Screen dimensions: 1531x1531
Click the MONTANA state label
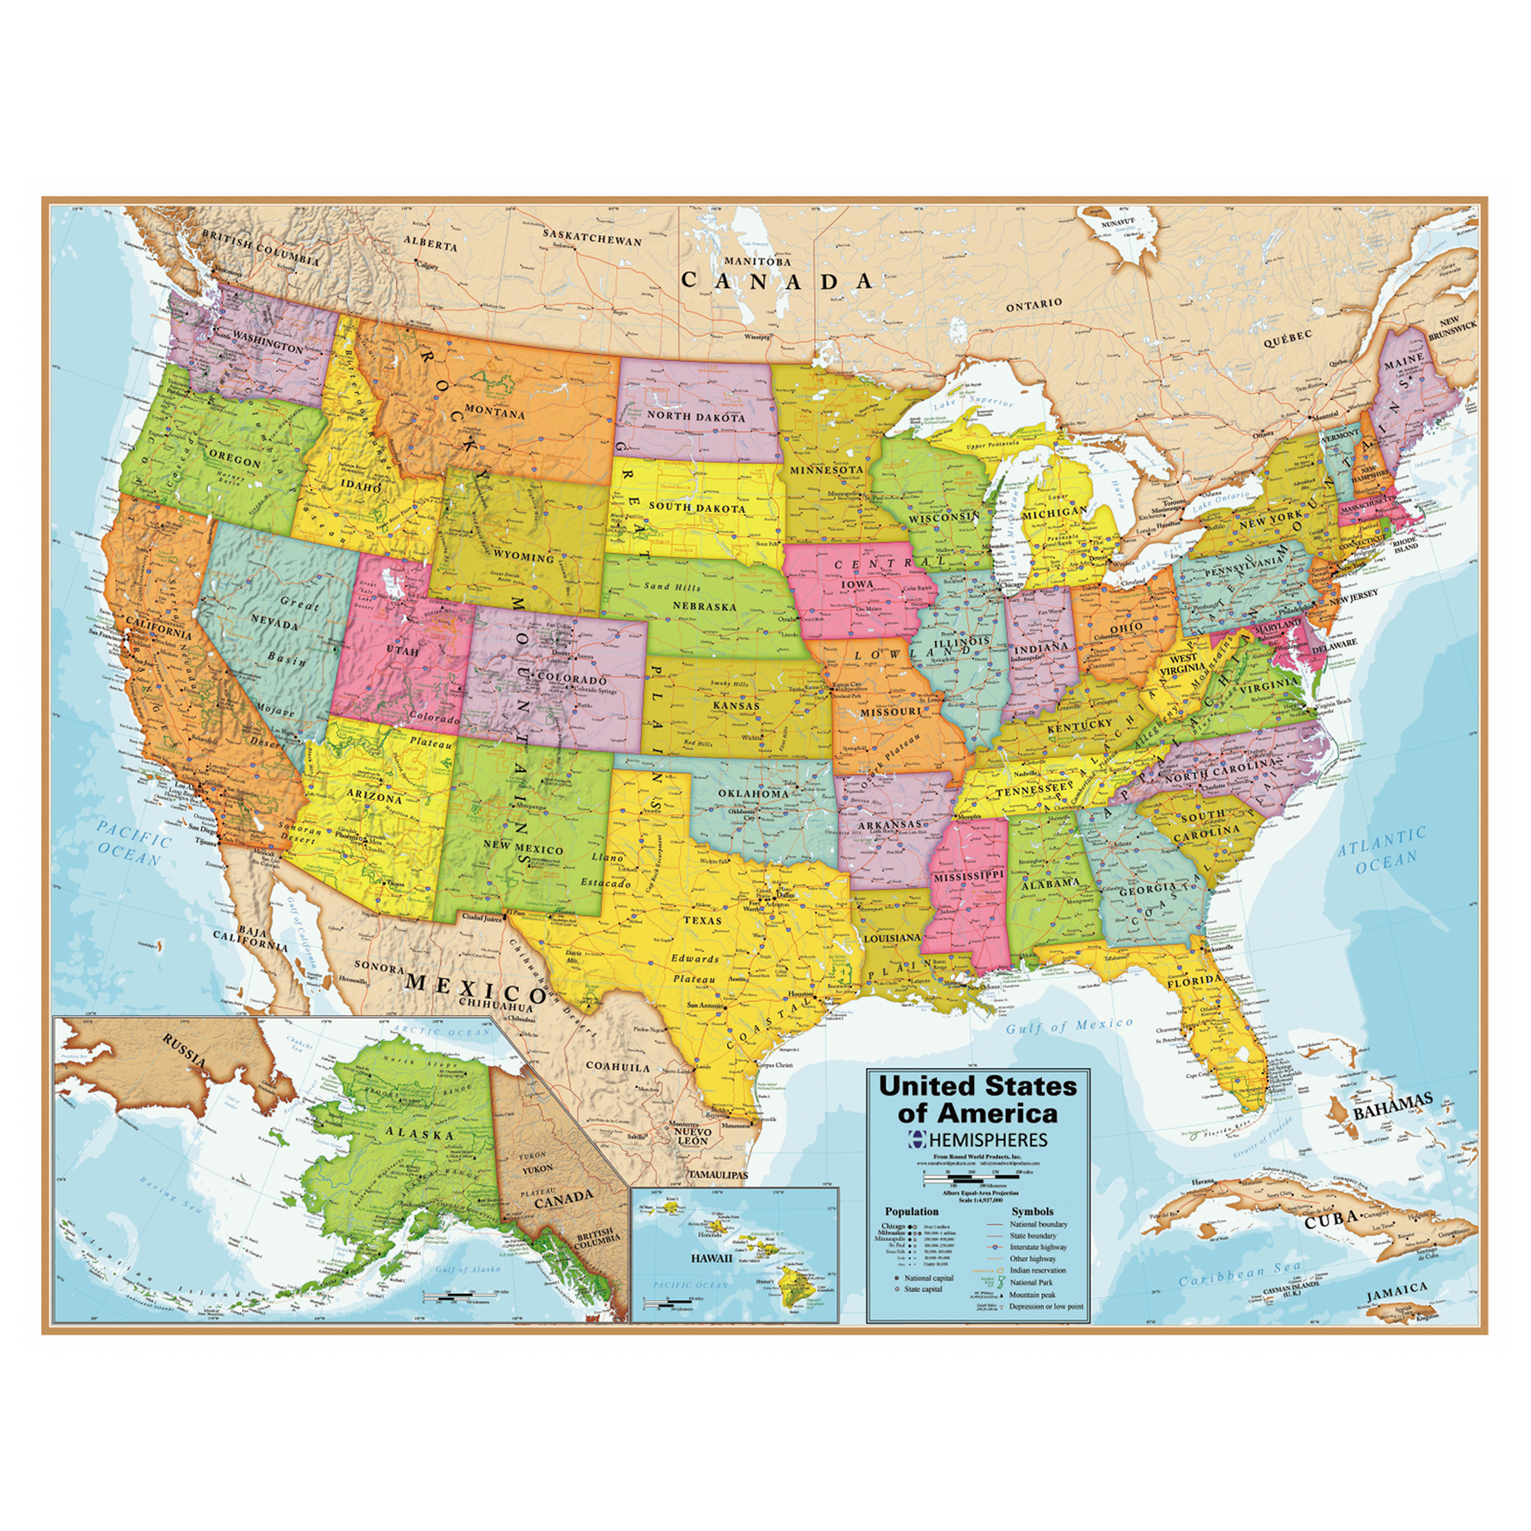pos(495,412)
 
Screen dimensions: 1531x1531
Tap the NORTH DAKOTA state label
pos(696,416)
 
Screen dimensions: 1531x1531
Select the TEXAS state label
pos(702,920)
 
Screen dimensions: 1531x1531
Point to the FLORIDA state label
pos(1194,981)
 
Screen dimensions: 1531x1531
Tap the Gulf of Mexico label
pos(1069,1026)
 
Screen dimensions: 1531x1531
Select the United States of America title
pos(977,1099)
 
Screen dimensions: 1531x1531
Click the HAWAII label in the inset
pos(712,1258)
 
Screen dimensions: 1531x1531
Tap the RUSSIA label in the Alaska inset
pos(184,1051)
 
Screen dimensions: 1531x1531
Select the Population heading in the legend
pos(911,1211)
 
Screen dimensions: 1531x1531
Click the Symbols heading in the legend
pos(1032,1211)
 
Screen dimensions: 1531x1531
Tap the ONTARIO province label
pos(1033,304)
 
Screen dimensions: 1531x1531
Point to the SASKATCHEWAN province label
pos(592,236)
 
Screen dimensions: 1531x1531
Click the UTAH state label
pos(402,651)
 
